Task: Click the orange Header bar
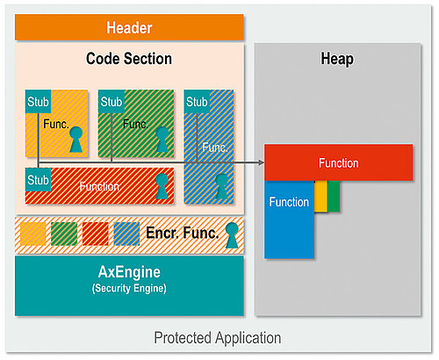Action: pos(129,27)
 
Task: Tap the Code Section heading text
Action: pos(129,59)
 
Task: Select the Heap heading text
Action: pos(337,59)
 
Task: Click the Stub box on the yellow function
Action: pos(38,102)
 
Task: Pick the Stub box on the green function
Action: pos(112,102)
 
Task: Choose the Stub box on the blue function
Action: pos(197,102)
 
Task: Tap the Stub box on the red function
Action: pos(38,180)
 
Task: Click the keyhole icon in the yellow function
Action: pos(76,140)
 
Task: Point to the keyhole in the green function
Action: pos(162,140)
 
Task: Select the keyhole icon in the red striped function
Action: pos(162,186)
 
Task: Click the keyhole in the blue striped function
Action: pos(221,187)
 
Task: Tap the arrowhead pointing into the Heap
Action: pos(262,162)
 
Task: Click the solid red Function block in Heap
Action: pos(339,162)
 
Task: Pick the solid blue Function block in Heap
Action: pos(290,220)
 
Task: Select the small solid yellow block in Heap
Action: pos(321,196)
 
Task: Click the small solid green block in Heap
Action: pos(334,196)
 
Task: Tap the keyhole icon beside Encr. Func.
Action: pos(232,235)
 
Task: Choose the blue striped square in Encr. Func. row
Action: pos(126,234)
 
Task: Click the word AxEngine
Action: pos(129,272)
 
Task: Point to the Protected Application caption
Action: pos(217,338)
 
